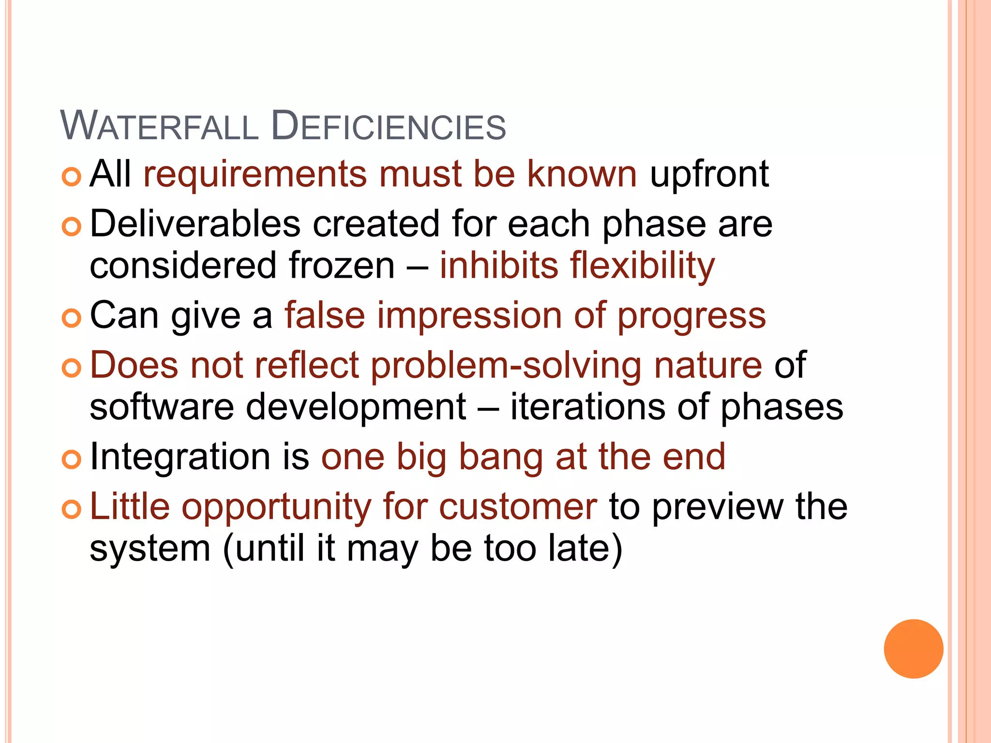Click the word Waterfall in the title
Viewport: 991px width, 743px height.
pos(159,126)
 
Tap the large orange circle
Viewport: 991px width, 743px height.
pos(913,649)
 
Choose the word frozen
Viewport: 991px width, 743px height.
pos(342,266)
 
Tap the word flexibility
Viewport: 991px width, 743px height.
pos(642,266)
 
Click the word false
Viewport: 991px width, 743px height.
pos(325,315)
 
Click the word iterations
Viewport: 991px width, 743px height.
pos(587,407)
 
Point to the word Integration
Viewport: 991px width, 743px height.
pos(180,458)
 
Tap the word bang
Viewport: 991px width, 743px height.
pos(501,458)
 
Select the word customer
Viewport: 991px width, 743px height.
pos(518,506)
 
